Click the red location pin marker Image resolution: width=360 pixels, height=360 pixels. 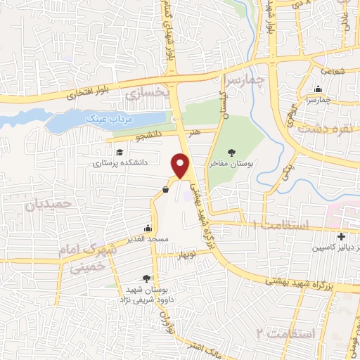[x=182, y=165]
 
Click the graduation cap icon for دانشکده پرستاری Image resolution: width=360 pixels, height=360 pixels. [x=120, y=152]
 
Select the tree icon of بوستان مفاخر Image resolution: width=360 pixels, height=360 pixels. [x=231, y=152]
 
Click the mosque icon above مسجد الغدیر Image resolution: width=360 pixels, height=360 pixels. [x=147, y=229]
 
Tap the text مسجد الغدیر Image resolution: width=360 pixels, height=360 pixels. [x=147, y=240]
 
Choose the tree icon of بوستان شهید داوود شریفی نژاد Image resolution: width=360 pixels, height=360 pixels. [x=146, y=278]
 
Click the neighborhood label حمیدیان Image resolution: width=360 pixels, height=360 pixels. [x=50, y=205]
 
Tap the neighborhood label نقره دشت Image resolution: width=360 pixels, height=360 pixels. [x=323, y=129]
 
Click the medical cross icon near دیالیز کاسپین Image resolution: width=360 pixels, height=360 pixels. [x=341, y=237]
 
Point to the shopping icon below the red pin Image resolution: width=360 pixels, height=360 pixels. [x=165, y=189]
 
